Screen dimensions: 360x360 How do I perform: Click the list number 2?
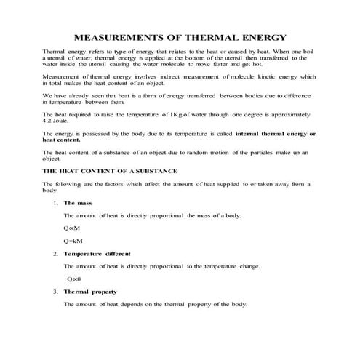tap(55, 253)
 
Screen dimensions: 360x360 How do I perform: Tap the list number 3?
tap(55, 291)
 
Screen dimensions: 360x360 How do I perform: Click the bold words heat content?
tap(60, 140)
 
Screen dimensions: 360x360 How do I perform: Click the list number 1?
tap(55, 202)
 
